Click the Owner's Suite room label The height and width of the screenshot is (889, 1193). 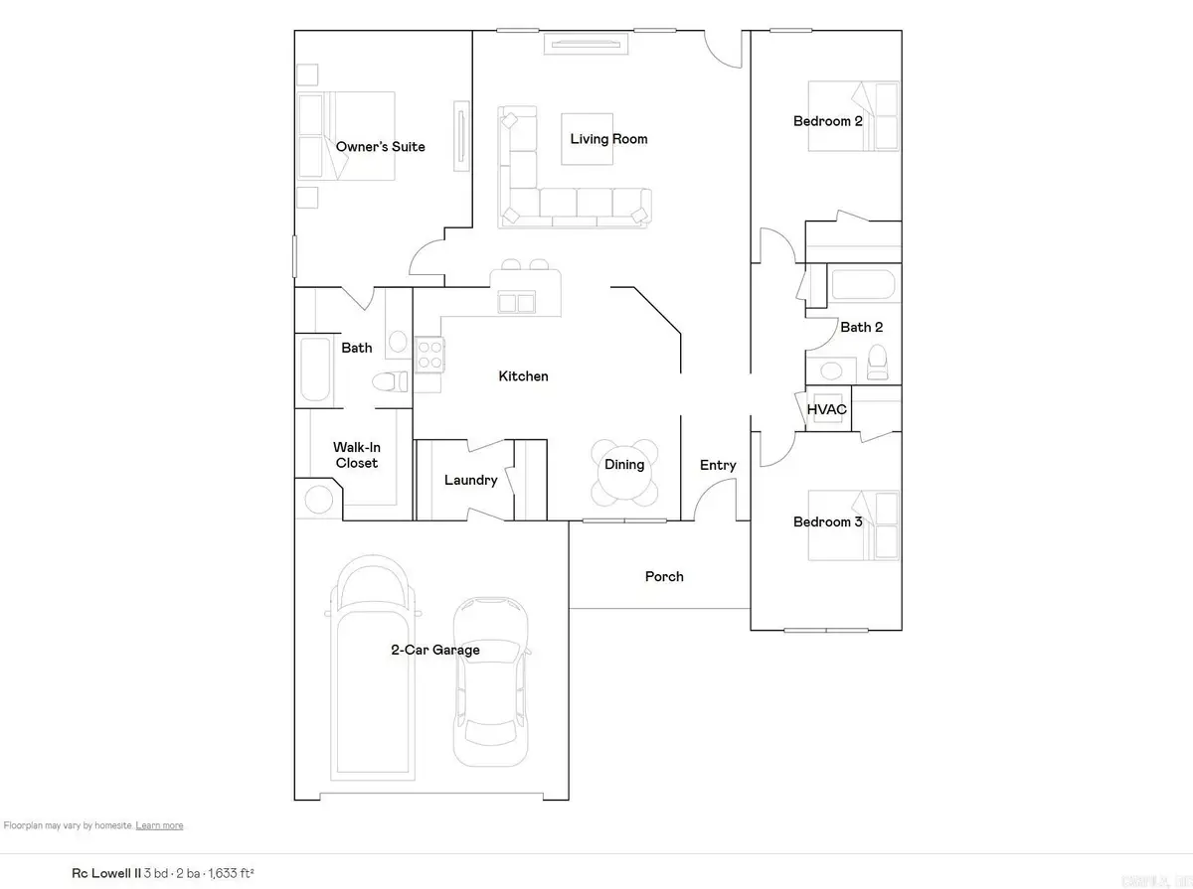click(x=380, y=147)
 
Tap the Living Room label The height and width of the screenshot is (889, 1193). click(x=608, y=139)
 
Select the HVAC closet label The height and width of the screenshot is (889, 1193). click(x=826, y=409)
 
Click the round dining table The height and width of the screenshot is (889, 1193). click(x=624, y=472)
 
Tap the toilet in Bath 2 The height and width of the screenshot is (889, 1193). click(x=877, y=362)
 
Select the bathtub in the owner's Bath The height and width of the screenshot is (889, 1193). click(x=314, y=370)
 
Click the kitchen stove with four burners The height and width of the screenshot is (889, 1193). click(x=429, y=355)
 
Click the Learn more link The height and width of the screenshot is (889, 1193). click(x=159, y=825)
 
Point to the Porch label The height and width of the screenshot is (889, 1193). click(x=664, y=576)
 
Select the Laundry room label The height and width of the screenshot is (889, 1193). click(x=470, y=480)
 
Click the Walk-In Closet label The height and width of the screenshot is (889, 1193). click(x=356, y=455)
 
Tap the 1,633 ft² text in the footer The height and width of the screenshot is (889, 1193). click(x=231, y=873)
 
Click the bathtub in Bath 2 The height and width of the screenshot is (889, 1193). click(x=861, y=286)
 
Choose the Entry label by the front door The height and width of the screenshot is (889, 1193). click(x=718, y=465)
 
